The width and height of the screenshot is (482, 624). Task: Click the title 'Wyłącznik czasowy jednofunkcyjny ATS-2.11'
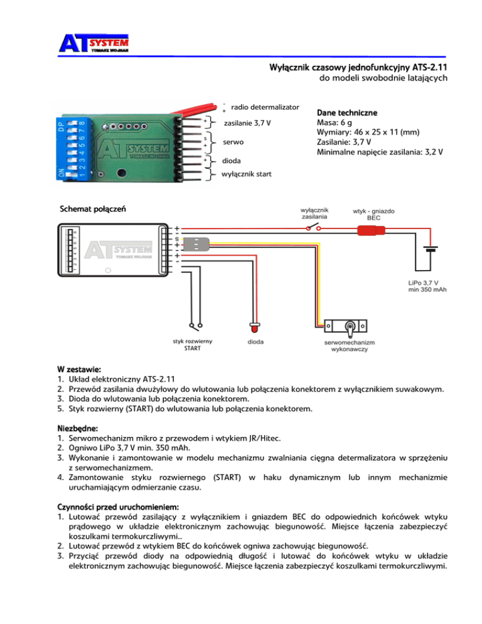pyautogui.click(x=357, y=66)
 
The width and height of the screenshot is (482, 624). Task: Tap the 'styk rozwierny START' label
pyautogui.click(x=192, y=345)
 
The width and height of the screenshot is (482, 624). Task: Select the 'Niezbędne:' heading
pyautogui.click(x=78, y=429)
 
